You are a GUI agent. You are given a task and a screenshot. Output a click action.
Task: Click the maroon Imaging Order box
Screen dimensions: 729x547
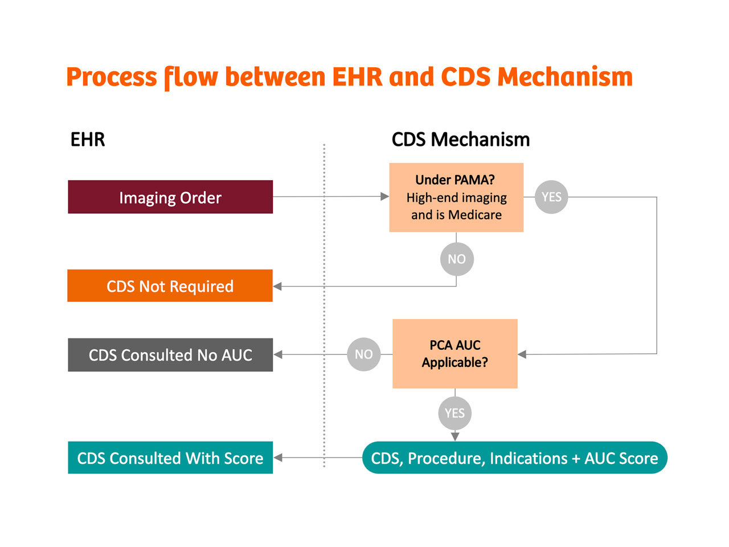pos(170,197)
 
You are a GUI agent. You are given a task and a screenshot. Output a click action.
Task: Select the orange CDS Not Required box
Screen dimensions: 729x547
pos(170,285)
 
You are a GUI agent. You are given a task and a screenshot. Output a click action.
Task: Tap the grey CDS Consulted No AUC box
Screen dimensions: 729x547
pos(170,355)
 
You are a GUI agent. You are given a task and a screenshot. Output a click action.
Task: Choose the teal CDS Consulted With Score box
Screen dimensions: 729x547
pos(170,458)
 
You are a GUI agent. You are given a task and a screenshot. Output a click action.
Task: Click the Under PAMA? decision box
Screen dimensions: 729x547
pos(456,197)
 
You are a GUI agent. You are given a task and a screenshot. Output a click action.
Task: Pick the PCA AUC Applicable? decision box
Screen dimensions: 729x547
pos(454,354)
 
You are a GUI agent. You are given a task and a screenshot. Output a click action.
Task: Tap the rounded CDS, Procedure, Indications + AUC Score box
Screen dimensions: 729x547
pos(514,458)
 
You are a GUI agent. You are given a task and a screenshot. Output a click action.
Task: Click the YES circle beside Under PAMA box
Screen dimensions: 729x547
pos(551,197)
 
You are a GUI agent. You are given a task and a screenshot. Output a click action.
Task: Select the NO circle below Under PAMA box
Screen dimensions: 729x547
pos(457,259)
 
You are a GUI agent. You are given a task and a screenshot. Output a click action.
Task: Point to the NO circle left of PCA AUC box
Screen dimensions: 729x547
pos(364,354)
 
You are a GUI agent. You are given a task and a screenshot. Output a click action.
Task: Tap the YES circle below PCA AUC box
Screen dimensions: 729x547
pos(454,413)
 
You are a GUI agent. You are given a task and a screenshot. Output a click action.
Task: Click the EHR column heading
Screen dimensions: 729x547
pos(88,139)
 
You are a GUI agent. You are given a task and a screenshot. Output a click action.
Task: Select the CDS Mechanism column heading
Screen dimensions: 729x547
pos(461,139)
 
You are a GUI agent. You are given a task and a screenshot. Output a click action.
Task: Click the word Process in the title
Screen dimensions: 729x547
pos(112,77)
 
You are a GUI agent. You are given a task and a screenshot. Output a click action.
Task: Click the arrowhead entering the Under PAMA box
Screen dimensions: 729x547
pos(384,196)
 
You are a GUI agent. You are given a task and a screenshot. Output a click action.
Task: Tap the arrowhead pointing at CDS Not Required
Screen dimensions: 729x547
pos(277,286)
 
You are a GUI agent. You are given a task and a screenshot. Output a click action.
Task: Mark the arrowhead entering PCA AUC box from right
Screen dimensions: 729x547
pos(522,354)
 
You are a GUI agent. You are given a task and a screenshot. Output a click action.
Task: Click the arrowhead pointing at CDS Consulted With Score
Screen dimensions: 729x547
pos(278,458)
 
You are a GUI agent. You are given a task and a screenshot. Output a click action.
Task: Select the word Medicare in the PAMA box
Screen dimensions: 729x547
pos(474,215)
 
